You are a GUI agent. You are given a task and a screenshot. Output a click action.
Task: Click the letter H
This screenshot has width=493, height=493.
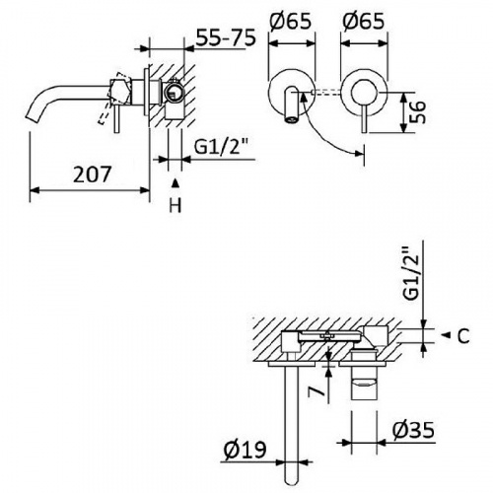[x=176, y=205]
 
